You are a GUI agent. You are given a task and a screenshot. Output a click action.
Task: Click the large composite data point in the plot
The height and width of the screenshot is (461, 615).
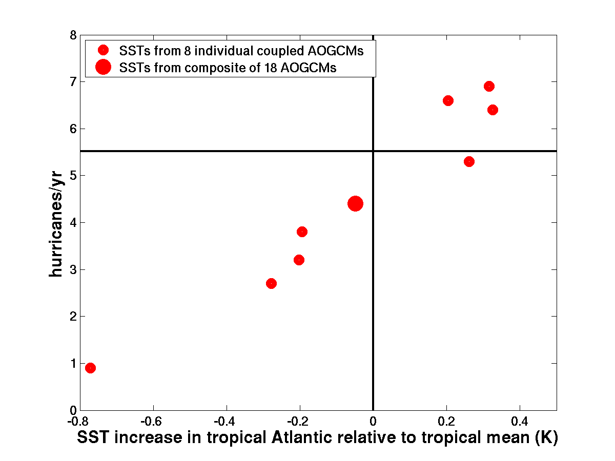coord(355,203)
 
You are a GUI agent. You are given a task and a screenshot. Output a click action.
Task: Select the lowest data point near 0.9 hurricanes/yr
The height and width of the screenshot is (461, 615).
coord(90,368)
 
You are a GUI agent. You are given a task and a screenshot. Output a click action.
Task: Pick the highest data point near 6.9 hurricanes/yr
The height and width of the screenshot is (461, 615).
coord(489,86)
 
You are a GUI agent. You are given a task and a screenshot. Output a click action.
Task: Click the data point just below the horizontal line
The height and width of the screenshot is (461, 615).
coord(469,161)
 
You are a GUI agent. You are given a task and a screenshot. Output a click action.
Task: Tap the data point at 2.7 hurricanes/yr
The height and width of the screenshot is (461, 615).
coord(271,284)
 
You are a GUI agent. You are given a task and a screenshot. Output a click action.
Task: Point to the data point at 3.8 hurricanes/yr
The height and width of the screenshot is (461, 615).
coord(302,232)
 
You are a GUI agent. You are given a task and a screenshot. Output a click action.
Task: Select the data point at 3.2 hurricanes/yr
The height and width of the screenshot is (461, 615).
coord(299,260)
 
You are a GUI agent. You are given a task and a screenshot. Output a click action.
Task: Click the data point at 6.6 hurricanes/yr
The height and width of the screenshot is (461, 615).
coord(448,100)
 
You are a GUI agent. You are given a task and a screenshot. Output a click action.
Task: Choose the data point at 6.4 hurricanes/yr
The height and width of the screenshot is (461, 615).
coord(493,110)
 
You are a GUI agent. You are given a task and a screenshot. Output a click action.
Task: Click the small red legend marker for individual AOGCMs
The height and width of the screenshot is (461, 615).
coord(103,50)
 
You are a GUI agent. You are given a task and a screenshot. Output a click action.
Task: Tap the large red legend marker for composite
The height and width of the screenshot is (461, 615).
coord(103,67)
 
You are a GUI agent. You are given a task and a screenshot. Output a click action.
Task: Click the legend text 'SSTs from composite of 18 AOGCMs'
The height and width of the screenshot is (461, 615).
coord(228,68)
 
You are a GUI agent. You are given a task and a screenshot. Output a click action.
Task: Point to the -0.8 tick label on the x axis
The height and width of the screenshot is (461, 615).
coord(78,421)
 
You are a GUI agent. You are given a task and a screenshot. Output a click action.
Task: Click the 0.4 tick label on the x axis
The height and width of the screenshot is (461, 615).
coord(520,421)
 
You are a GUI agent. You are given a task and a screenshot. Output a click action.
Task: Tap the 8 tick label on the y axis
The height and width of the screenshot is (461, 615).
coord(73,35)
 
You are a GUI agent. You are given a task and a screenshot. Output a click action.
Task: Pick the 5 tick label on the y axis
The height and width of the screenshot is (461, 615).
coord(73,176)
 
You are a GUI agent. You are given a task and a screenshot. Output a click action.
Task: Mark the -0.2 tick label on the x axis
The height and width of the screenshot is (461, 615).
coord(298,421)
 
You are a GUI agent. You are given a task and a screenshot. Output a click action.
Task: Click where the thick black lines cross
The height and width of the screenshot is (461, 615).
coord(373,151)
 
